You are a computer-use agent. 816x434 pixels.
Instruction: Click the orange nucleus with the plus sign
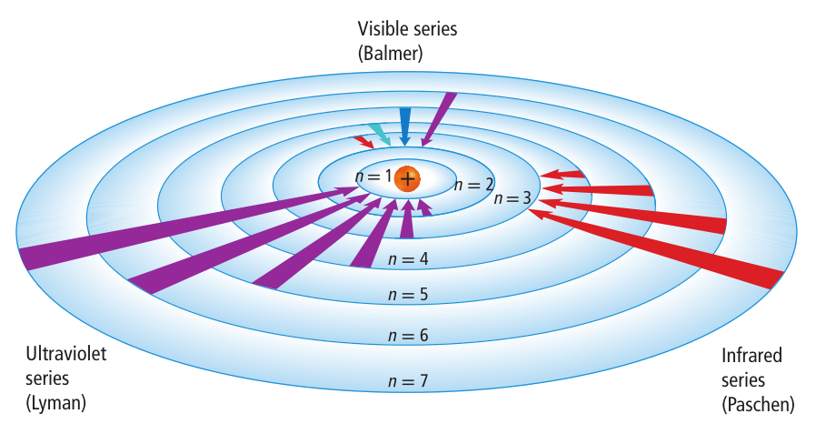pyautogui.click(x=408, y=178)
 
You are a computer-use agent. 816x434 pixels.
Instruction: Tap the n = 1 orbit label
pyautogui.click(x=374, y=176)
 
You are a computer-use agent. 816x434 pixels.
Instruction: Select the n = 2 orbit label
pyautogui.click(x=473, y=185)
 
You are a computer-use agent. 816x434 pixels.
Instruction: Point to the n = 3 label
pyautogui.click(x=514, y=198)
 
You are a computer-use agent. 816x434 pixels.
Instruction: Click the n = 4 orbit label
pyautogui.click(x=407, y=259)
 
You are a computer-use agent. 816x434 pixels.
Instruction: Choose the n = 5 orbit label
pyautogui.click(x=407, y=295)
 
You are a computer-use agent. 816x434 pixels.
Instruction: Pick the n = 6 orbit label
pyautogui.click(x=407, y=335)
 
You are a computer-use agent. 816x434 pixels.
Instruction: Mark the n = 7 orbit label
pyautogui.click(x=407, y=380)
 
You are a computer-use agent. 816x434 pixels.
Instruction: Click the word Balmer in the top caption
pyautogui.click(x=392, y=53)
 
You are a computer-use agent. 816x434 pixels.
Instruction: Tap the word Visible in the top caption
pyautogui.click(x=382, y=29)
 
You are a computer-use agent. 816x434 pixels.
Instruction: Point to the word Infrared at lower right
pyautogui.click(x=751, y=355)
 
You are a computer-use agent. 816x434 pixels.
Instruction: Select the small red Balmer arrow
pyautogui.click(x=363, y=142)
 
